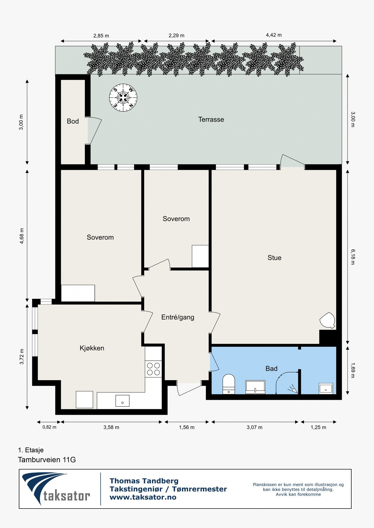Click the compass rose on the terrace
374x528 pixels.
coord(123,98)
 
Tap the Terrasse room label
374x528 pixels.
coord(211,119)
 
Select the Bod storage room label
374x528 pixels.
coord(73,121)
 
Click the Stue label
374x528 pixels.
coord(274,258)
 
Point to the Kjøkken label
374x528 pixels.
coord(92,348)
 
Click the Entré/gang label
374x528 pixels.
coord(178,317)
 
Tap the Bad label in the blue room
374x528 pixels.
coord(271,368)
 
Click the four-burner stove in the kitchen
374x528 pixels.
coord(153,369)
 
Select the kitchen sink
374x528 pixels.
coord(123,401)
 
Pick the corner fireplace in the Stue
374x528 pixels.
coord(327,321)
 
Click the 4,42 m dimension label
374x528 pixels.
coord(274,35)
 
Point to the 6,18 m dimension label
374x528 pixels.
coord(353,257)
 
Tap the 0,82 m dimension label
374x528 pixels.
coord(49,427)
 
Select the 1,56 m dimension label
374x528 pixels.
coord(187,427)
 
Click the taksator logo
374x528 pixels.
coord(56,489)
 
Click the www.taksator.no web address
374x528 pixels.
coord(143,497)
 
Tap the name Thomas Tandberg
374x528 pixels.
coord(144,481)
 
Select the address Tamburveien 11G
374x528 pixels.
coord(47,460)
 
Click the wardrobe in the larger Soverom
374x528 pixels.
coord(78,293)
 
